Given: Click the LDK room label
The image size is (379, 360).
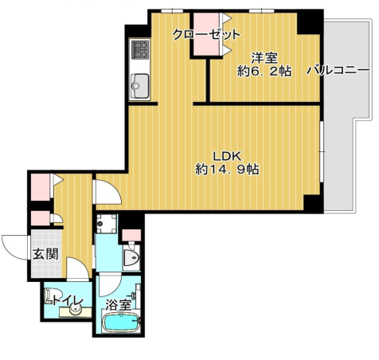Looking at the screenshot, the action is (227, 156).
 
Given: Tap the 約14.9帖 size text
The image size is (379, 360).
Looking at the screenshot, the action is (227, 169).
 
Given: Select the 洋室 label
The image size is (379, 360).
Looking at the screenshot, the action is (264, 58).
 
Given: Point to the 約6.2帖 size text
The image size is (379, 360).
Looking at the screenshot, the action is (264, 71).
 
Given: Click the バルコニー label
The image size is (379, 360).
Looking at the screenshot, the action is (338, 71).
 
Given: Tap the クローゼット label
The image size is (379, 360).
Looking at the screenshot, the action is (206, 34).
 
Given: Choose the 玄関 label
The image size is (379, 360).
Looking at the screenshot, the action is (45, 254).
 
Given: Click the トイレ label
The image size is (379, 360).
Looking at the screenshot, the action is (68, 301).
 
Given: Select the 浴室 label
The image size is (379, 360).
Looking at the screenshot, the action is (119, 305).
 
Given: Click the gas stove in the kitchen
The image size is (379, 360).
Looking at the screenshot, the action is (139, 49).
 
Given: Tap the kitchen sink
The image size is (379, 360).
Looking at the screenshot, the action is (139, 85).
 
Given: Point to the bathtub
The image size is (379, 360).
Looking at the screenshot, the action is (121, 323).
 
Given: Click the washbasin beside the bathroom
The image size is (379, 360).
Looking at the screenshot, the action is (132, 257).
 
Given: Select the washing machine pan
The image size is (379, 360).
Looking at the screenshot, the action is (107, 224).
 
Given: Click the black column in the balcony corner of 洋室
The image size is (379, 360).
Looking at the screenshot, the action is (308, 22).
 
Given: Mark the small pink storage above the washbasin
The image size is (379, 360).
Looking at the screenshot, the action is (131, 235).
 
